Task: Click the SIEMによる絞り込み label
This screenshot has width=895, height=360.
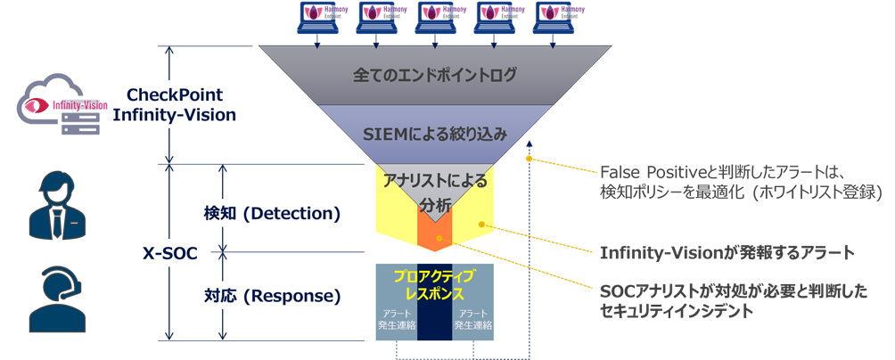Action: [436, 135]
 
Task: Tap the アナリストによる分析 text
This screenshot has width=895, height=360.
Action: [435, 192]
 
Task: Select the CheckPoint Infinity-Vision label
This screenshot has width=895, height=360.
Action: [175, 104]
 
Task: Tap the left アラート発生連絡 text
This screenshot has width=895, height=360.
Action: [395, 320]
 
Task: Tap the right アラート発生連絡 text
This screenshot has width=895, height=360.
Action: [472, 320]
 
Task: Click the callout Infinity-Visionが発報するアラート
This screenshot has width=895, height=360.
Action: [727, 253]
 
